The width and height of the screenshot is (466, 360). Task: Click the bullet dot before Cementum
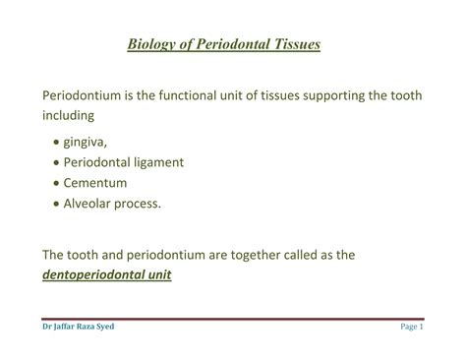[x=54, y=184]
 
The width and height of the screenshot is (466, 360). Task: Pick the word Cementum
[x=98, y=183]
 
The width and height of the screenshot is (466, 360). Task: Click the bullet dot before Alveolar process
[x=54, y=205]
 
